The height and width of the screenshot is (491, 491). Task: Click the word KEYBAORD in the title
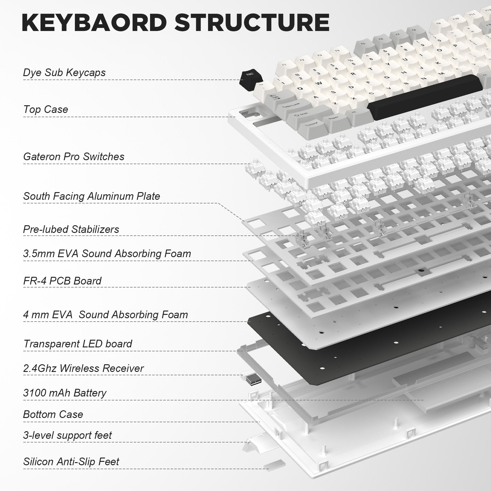pyautogui.click(x=94, y=22)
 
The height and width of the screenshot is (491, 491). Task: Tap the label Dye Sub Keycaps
pyautogui.click(x=64, y=73)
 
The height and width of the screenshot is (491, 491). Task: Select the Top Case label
pyautogui.click(x=45, y=110)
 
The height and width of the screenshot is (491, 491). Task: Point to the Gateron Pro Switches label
pyautogui.click(x=74, y=157)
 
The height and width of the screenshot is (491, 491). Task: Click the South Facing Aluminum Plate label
pyautogui.click(x=91, y=196)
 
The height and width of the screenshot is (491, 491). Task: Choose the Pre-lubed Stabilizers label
pyautogui.click(x=71, y=230)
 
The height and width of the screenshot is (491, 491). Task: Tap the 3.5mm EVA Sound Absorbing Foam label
pyautogui.click(x=107, y=254)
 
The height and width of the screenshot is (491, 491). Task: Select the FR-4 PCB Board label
pyautogui.click(x=62, y=281)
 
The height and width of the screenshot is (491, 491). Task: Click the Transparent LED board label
pyautogui.click(x=77, y=344)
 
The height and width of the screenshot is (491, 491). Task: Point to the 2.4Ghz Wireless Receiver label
pyautogui.click(x=83, y=369)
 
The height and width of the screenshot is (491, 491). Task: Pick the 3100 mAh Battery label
pyautogui.click(x=64, y=393)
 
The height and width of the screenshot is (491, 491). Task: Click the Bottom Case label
pyautogui.click(x=53, y=415)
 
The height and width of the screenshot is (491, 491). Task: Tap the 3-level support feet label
pyautogui.click(x=67, y=435)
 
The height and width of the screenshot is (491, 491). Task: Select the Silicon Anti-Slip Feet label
pyautogui.click(x=71, y=462)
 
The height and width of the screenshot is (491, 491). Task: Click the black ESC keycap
pyautogui.click(x=248, y=77)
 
